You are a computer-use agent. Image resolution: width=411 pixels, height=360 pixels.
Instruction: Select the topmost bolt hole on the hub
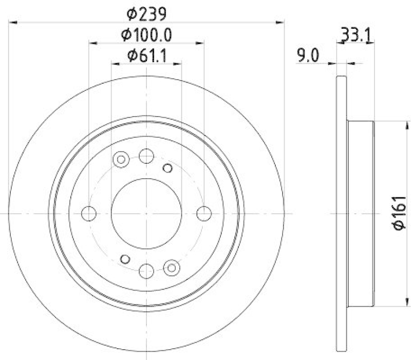pos(146,155)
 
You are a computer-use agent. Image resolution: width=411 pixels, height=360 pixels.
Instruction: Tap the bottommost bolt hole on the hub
pos(146,270)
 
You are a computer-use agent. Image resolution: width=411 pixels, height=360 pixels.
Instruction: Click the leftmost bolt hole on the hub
pos(89,213)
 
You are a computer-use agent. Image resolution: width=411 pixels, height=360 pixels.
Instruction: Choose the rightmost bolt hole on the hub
pos(204,213)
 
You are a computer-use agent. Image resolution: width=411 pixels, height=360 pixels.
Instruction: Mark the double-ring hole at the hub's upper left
pos(121,160)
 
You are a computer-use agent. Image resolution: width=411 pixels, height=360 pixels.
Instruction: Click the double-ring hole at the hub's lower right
pos(172,266)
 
